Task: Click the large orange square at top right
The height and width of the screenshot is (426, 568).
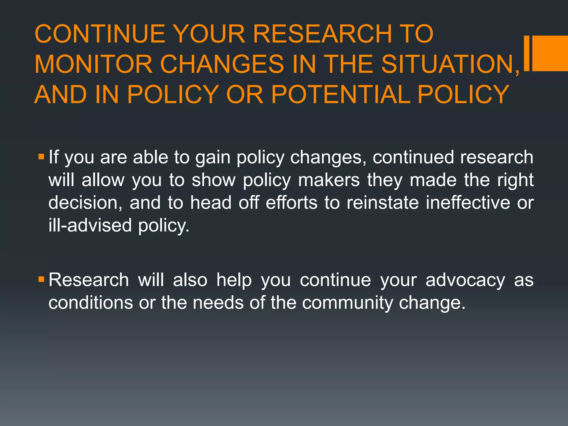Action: click(550, 53)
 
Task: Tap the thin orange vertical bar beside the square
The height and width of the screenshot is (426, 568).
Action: click(527, 53)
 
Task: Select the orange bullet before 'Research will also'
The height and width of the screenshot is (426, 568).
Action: click(41, 279)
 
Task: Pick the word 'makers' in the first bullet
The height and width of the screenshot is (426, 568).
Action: click(329, 180)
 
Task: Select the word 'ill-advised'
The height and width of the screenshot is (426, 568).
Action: click(90, 225)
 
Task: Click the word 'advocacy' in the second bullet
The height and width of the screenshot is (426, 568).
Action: click(465, 280)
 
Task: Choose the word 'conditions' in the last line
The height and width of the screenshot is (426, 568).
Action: click(91, 303)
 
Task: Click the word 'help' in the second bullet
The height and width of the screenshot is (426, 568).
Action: click(234, 280)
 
